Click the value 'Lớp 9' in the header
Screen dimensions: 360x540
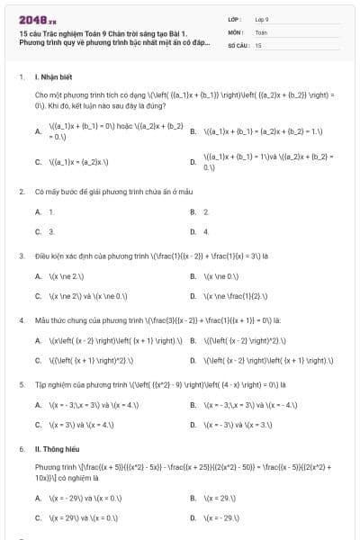[262, 18]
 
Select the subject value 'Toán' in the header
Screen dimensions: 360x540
[261, 31]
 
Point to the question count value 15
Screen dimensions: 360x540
[258, 44]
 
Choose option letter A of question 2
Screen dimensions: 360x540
[38, 211]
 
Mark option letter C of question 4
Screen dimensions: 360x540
[38, 360]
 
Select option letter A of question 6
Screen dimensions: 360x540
[38, 498]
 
